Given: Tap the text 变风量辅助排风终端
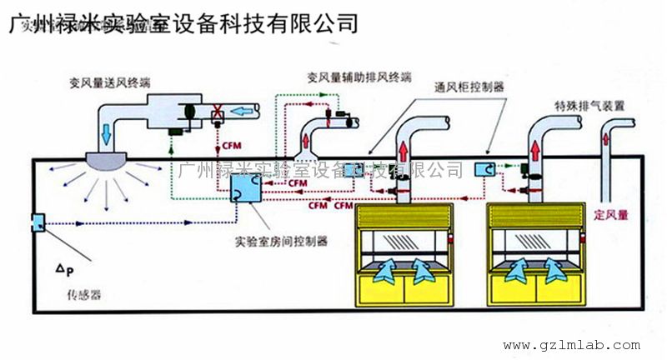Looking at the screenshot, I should [359, 77].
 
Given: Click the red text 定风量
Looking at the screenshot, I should [610, 214].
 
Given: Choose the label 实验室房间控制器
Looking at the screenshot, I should [282, 241].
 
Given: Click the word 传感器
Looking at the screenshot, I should [83, 296].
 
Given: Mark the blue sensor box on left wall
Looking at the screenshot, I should [38, 223].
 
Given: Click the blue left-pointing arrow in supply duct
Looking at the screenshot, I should [243, 111].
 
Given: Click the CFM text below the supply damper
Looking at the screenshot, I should [233, 147].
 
